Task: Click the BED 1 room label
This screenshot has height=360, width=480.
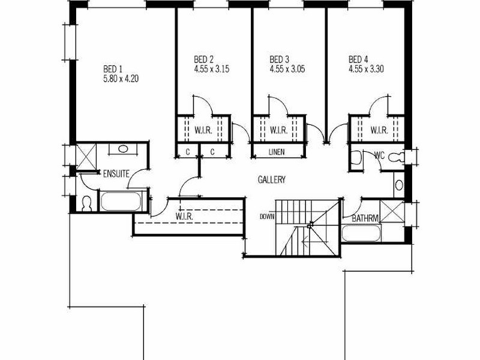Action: (113, 69)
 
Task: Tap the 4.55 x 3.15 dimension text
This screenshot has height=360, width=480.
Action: (212, 69)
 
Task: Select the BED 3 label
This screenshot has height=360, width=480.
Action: (279, 59)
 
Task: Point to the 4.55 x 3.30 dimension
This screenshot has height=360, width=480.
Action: (366, 69)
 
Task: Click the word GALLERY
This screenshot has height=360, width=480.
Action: (272, 179)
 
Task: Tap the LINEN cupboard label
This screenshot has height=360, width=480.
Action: (277, 152)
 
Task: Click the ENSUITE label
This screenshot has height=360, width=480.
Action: (116, 174)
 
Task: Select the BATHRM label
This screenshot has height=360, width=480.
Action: (365, 218)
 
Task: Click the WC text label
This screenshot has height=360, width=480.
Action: (380, 155)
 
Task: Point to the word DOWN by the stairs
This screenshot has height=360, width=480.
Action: (267, 217)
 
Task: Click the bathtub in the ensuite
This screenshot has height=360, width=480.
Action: (121, 201)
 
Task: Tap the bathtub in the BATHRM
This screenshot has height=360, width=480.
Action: (361, 233)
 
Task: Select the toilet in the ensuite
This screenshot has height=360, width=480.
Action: (87, 204)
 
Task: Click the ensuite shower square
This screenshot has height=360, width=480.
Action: (86, 157)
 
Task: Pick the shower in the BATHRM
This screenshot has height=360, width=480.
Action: (392, 211)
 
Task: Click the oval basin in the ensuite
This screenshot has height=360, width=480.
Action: (124, 149)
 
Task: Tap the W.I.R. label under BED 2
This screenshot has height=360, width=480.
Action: (203, 130)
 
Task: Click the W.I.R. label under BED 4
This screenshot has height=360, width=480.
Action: (379, 130)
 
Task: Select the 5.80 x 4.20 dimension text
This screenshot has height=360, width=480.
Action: (121, 79)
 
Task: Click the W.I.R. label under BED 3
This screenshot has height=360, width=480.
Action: (278, 130)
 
